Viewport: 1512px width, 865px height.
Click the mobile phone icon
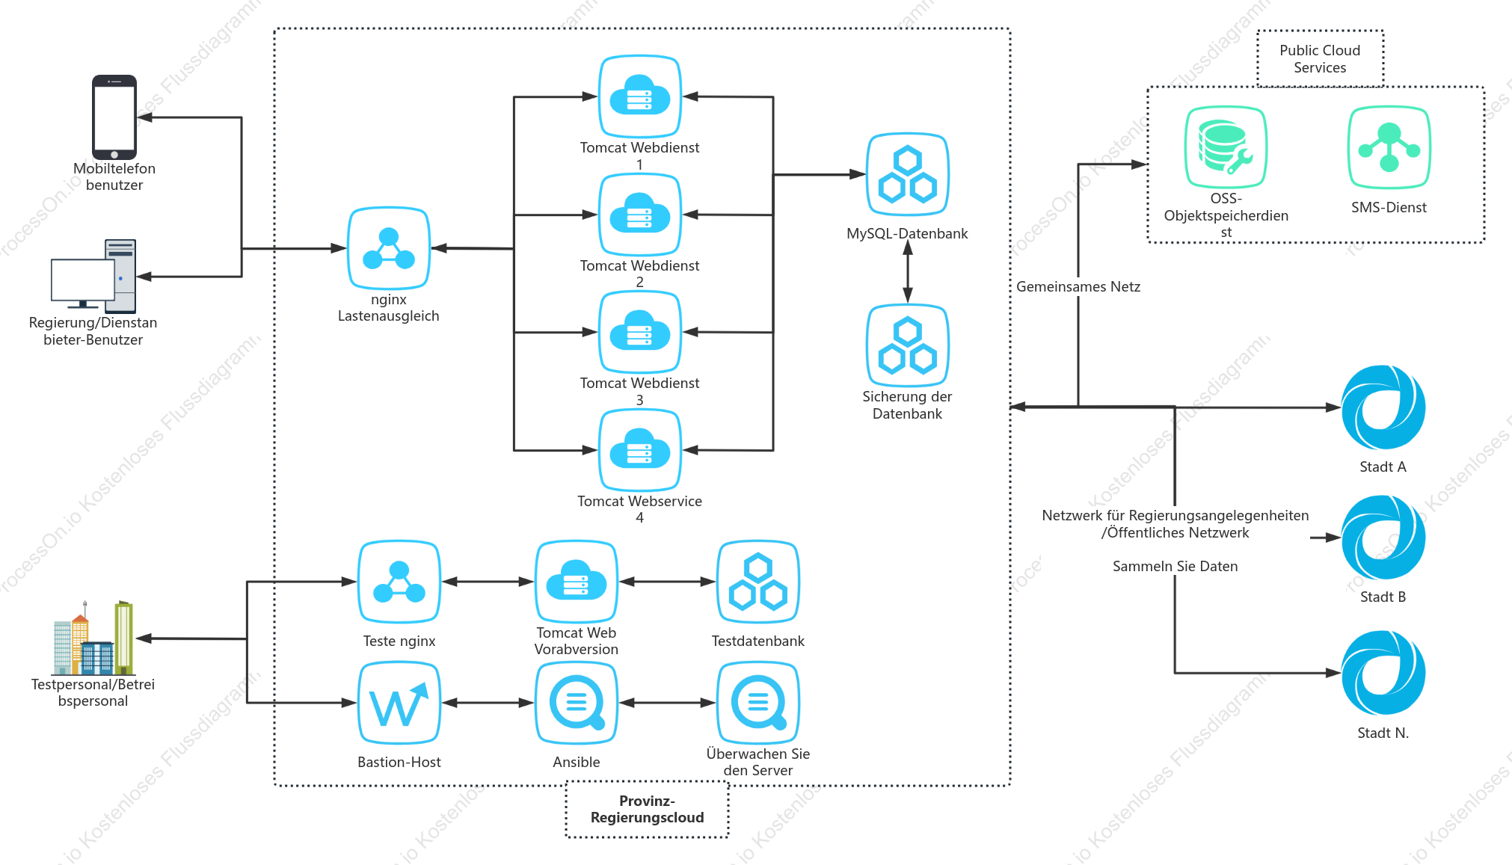(x=114, y=117)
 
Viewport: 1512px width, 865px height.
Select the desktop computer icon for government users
(x=93, y=275)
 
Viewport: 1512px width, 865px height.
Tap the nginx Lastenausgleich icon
(x=389, y=248)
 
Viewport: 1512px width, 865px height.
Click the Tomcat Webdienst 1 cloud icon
(x=639, y=96)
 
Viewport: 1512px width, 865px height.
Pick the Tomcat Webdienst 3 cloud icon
(x=639, y=332)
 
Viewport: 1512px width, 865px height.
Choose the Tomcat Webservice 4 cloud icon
(x=639, y=450)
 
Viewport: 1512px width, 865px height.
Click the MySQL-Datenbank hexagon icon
(x=907, y=175)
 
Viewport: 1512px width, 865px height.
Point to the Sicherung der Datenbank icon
(x=907, y=345)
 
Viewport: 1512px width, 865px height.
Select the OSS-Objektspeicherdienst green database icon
(x=1226, y=147)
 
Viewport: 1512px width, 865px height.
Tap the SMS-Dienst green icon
(x=1389, y=147)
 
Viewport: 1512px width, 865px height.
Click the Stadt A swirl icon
(x=1383, y=407)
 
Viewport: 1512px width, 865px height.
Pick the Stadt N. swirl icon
(x=1383, y=673)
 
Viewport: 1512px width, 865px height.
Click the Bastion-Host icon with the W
(x=399, y=703)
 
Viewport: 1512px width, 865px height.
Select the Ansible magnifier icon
(x=577, y=703)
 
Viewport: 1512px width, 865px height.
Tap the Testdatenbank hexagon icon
(x=758, y=582)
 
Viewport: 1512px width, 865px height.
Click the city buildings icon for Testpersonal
(x=93, y=638)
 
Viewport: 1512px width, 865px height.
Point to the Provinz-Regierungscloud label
(x=647, y=810)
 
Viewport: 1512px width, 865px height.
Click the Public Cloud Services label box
(x=1320, y=59)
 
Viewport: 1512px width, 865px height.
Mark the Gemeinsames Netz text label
(x=1078, y=286)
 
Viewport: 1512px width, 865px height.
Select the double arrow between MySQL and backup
(x=907, y=271)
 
